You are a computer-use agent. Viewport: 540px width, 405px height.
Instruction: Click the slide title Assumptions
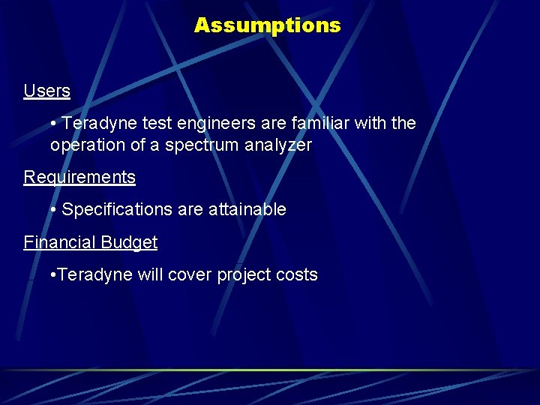[267, 25]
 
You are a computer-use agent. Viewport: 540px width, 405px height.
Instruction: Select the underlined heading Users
[46, 91]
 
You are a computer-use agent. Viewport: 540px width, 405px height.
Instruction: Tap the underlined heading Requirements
[79, 178]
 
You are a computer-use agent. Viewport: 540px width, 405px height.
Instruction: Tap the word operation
[88, 145]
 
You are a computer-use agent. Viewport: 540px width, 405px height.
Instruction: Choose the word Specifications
[118, 210]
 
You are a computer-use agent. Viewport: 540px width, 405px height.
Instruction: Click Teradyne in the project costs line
[94, 275]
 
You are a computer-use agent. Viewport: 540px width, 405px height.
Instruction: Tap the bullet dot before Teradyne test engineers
[54, 124]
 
